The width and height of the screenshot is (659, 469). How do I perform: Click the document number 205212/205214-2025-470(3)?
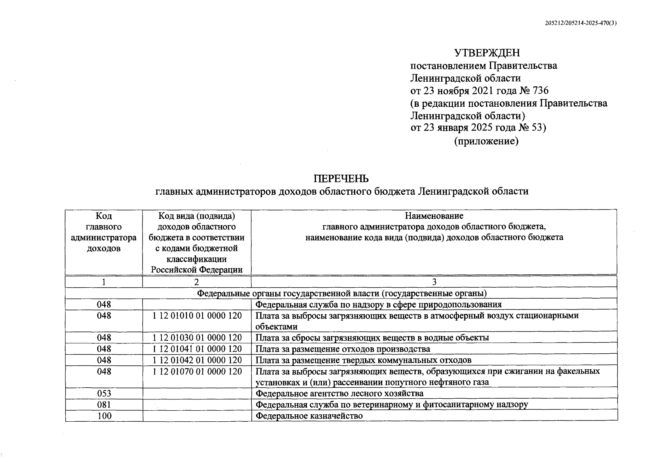(581, 23)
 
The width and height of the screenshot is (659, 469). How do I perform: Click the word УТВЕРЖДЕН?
(487, 53)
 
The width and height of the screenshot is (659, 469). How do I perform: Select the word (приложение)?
(486, 141)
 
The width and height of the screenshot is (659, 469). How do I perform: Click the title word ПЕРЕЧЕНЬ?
(341, 179)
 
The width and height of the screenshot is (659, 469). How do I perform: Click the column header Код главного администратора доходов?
(104, 232)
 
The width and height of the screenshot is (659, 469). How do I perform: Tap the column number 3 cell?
(434, 282)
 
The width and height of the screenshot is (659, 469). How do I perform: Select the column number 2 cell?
(197, 282)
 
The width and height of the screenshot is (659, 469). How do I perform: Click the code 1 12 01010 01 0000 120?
(197, 315)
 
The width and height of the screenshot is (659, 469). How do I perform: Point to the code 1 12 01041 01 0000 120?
(197, 349)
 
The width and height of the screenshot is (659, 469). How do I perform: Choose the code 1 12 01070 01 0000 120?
(197, 371)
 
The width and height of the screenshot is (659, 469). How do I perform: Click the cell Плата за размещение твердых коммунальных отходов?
(363, 360)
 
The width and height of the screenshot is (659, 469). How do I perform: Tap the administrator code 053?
(104, 393)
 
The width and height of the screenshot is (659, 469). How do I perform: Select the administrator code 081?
(104, 405)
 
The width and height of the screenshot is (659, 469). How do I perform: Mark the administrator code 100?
(104, 416)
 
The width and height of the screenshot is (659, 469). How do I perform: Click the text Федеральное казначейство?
(309, 416)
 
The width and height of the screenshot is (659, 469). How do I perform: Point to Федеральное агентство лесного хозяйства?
(339, 393)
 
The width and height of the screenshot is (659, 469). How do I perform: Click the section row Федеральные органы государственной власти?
(342, 293)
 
